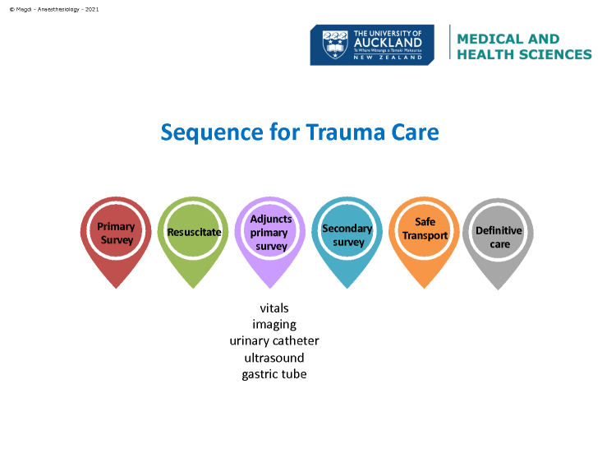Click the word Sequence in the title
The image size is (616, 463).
pos(212,133)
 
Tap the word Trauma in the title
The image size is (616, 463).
pos(345,132)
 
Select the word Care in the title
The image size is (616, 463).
pos(415,132)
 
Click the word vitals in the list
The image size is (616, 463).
pos(274,308)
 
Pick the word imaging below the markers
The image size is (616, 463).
pos(274,325)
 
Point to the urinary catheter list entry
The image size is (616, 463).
pos(274,340)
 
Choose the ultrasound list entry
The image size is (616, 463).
pos(274,358)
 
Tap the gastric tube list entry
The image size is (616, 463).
pos(274,374)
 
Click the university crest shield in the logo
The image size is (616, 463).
pos(335,45)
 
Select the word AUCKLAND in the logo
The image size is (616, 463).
pos(388,43)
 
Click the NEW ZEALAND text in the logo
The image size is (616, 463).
pos(388,58)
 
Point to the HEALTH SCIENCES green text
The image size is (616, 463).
pos(525,54)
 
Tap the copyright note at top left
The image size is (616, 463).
pos(54,9)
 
